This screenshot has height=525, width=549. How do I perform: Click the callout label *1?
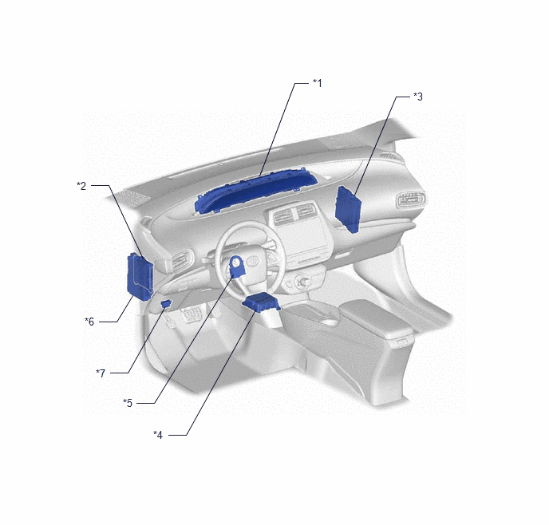318,83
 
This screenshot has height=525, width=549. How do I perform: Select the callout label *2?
81,186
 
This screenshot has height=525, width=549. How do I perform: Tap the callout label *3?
418,97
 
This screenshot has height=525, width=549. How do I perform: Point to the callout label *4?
158,435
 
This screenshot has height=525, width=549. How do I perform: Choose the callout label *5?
128,403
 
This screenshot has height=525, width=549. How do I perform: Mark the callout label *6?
89,322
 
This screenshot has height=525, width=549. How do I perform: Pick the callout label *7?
101,373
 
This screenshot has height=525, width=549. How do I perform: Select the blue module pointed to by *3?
347,209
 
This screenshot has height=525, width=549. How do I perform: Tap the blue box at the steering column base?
261,302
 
